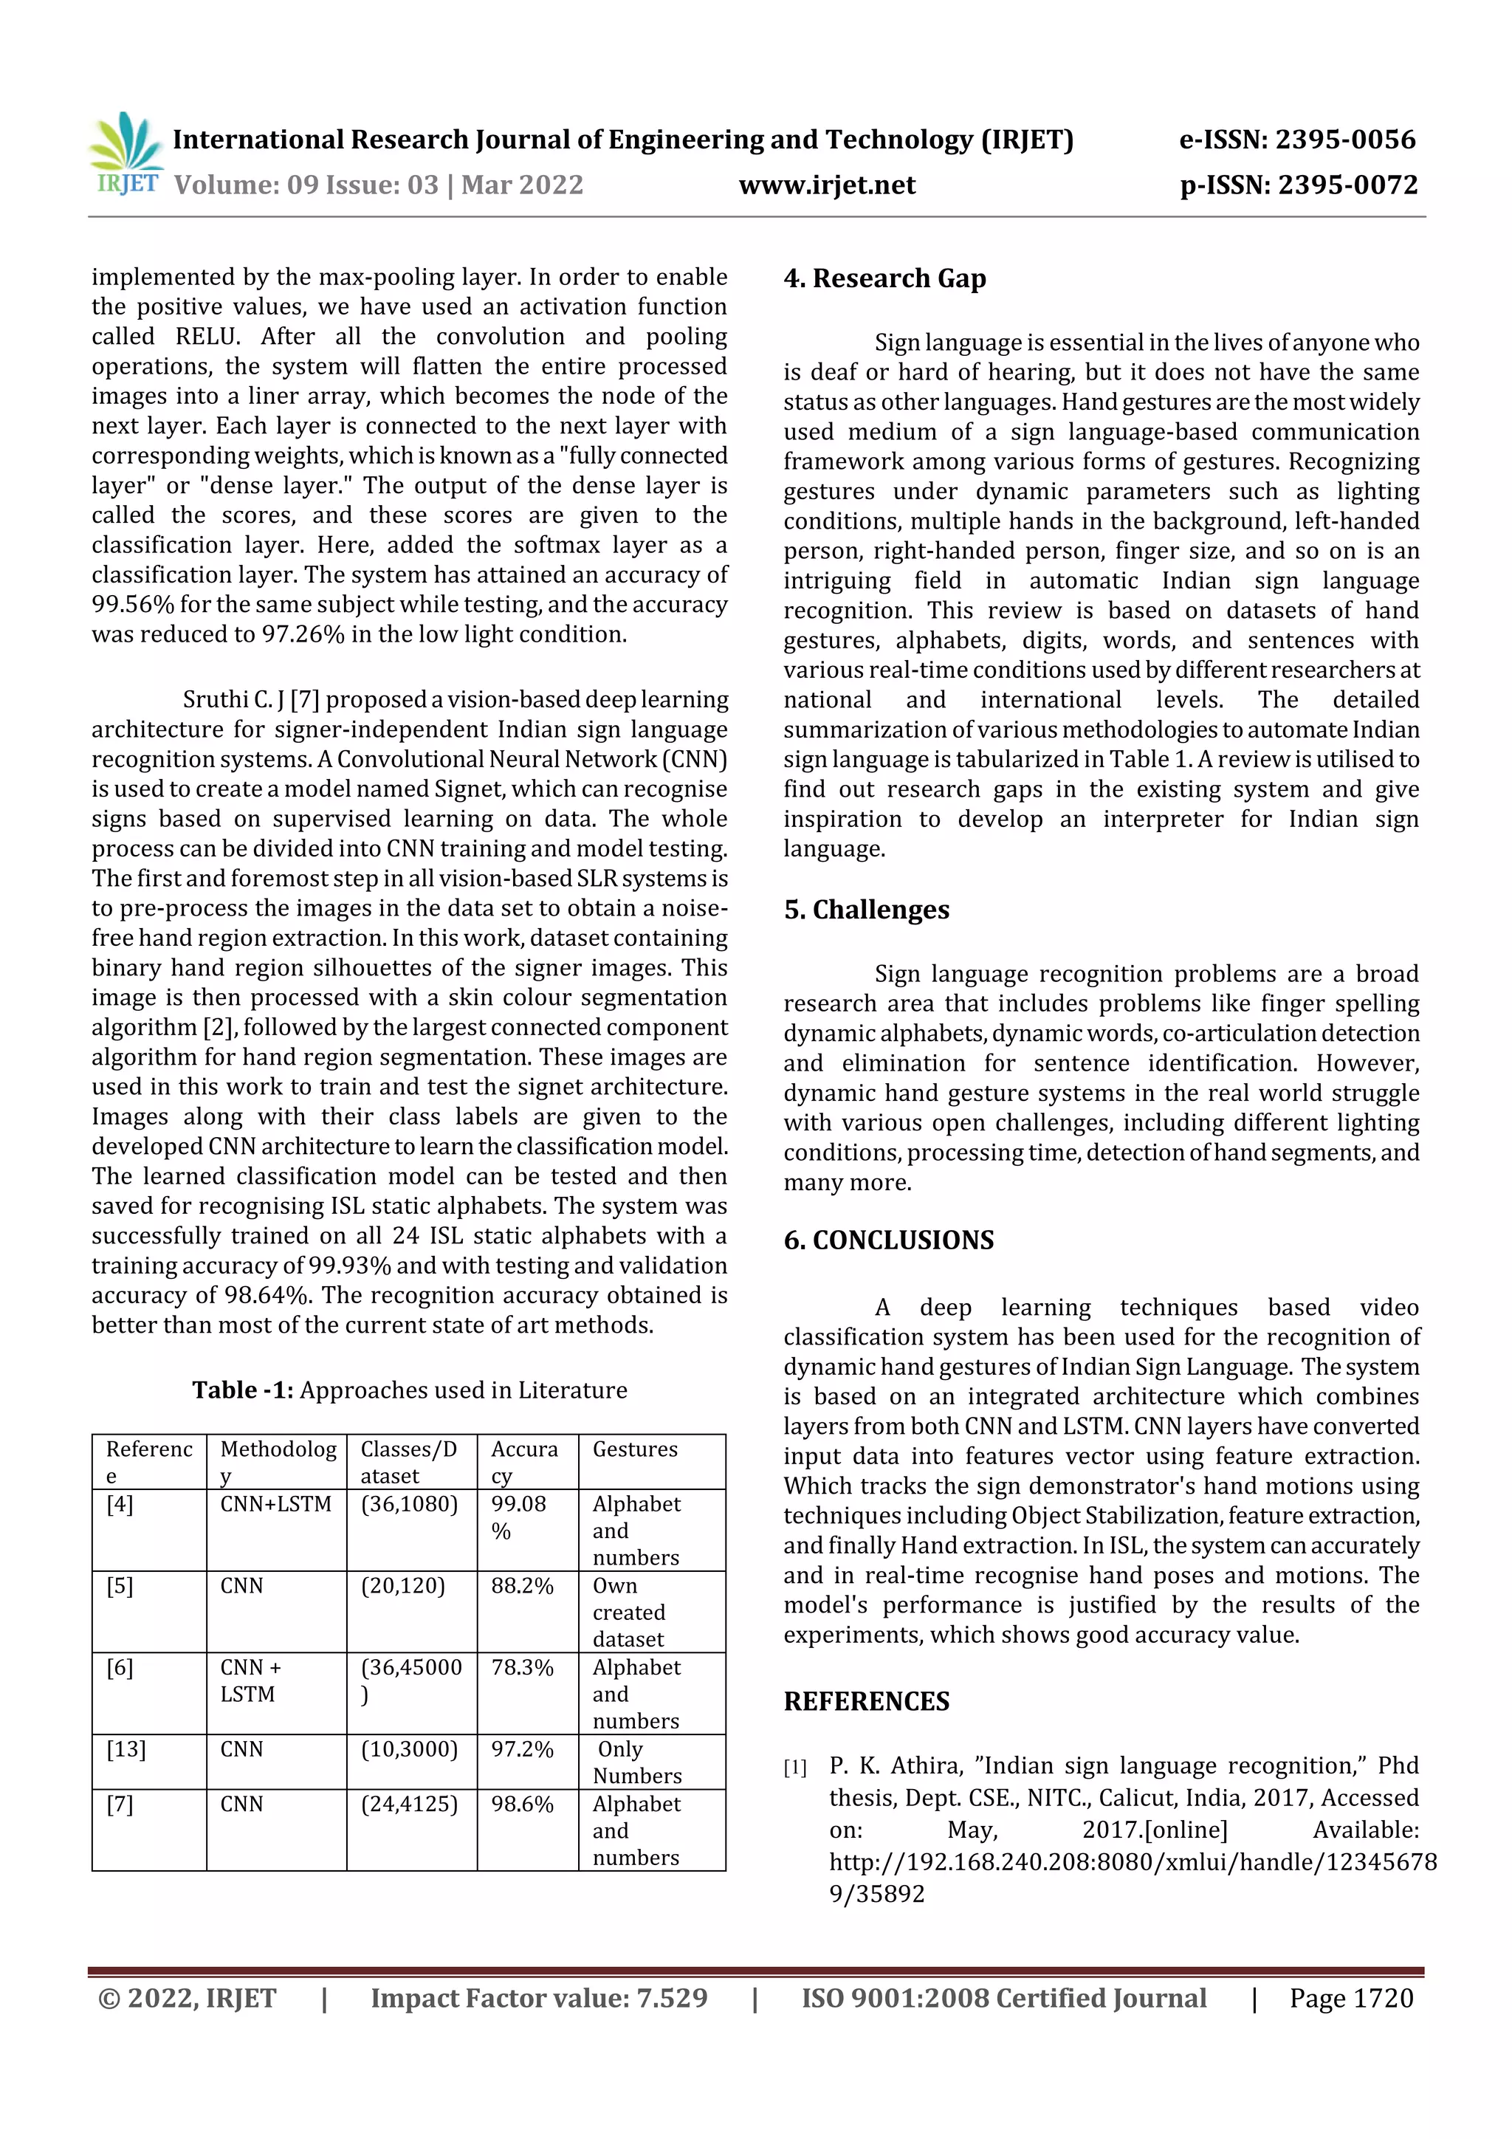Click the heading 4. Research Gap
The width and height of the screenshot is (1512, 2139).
pyautogui.click(x=884, y=278)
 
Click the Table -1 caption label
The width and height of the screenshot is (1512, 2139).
pyautogui.click(x=242, y=1390)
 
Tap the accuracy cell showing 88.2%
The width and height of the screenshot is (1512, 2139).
pyautogui.click(x=522, y=1586)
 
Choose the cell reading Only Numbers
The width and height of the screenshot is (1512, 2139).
pyautogui.click(x=636, y=1762)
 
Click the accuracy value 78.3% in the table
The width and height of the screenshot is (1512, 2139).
pyautogui.click(x=522, y=1668)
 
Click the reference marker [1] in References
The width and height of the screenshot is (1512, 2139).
pyautogui.click(x=794, y=1768)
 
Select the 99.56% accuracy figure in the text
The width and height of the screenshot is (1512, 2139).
pyautogui.click(x=132, y=605)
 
